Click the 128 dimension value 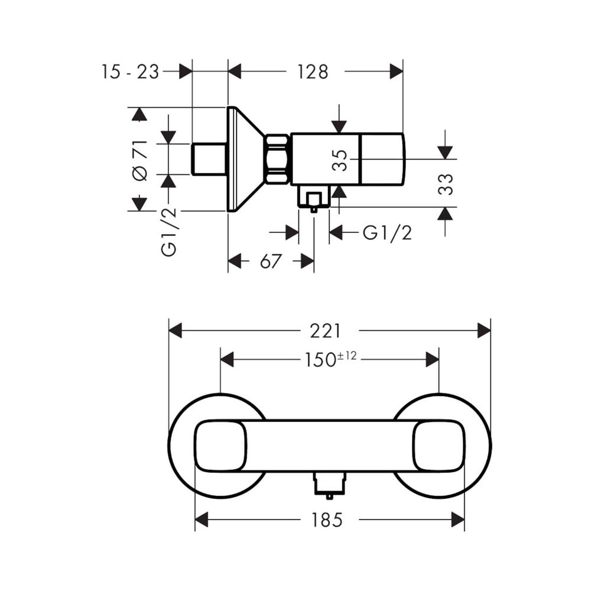pos(313,72)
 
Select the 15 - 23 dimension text pos(130,72)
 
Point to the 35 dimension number pos(340,161)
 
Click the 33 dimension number pos(445,184)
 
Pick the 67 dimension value pos(271,261)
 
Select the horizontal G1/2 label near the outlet pos(387,233)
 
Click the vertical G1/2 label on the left pos(169,232)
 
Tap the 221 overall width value pos(325,332)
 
